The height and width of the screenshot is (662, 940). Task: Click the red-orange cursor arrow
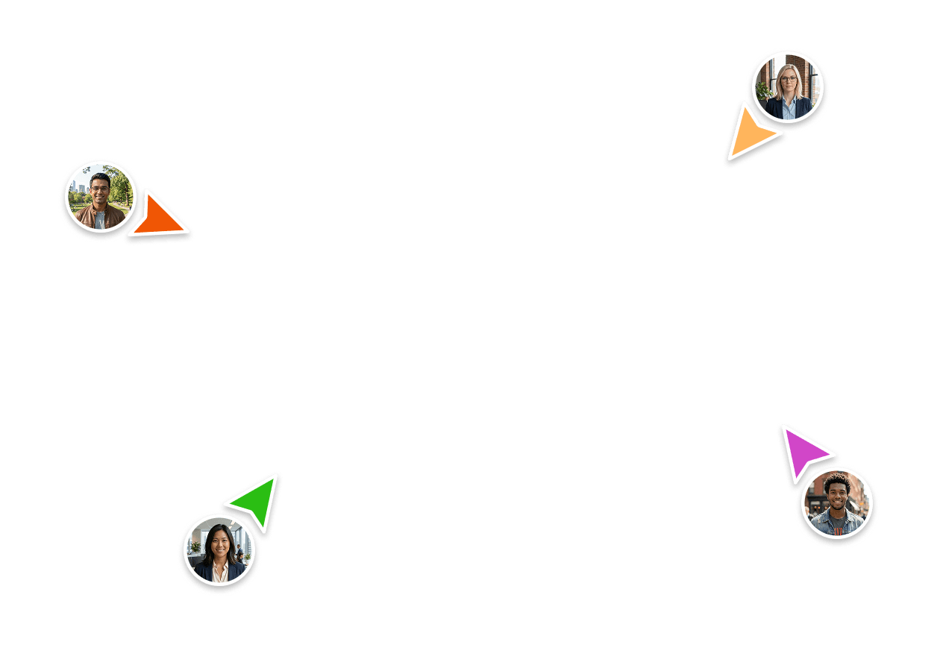158,217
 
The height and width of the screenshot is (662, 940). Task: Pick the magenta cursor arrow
803,452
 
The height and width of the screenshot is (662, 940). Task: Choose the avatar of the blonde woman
788,88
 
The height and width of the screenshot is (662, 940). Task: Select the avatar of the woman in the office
219,551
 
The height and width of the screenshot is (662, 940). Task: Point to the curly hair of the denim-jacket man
837,481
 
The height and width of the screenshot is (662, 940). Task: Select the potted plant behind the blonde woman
763,91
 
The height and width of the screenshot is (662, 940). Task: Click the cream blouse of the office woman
220,573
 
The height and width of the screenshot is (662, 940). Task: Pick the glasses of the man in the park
100,187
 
